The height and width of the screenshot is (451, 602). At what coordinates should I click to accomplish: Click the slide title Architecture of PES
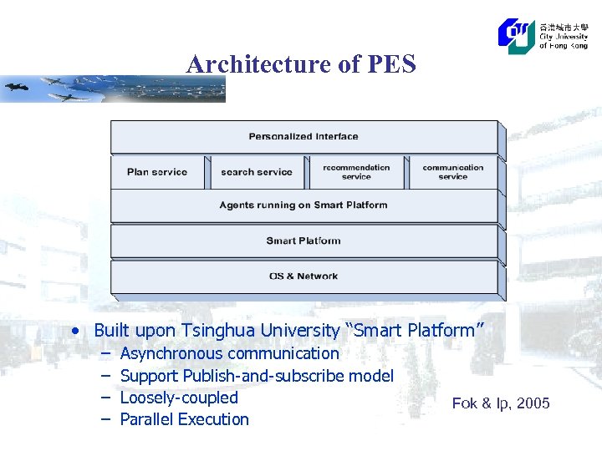(x=301, y=64)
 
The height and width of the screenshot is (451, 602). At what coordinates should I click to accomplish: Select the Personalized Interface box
(x=304, y=137)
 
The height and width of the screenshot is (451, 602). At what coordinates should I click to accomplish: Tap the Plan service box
(x=157, y=172)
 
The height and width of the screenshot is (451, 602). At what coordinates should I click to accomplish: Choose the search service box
(x=257, y=172)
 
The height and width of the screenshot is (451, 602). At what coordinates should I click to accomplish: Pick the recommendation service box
(x=356, y=172)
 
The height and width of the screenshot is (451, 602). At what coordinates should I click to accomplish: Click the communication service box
(x=452, y=172)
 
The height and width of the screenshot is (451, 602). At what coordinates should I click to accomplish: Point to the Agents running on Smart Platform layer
(x=304, y=205)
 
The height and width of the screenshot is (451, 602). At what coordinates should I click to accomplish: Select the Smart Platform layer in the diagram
(x=304, y=241)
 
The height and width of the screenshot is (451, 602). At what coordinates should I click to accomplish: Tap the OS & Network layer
(x=304, y=276)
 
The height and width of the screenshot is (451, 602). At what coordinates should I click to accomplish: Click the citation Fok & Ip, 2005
(x=501, y=403)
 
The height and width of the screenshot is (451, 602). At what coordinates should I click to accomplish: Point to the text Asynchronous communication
(x=230, y=353)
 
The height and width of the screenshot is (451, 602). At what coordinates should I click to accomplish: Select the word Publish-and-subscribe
(x=263, y=376)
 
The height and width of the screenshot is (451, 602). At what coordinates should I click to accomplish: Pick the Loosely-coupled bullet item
(x=179, y=398)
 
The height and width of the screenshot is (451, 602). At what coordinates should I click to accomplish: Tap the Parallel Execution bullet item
(x=185, y=419)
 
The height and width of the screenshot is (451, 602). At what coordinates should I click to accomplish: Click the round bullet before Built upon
(x=78, y=331)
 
